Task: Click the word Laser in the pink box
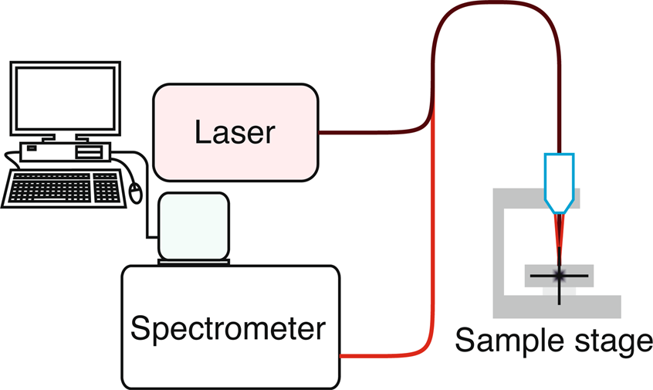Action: [x=234, y=132]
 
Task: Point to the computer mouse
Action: [x=136, y=192]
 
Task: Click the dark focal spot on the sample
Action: [x=559, y=274]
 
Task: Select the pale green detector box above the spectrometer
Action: [x=194, y=226]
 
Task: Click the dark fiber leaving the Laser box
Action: [x=370, y=131]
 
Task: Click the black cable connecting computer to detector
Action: [x=144, y=201]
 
